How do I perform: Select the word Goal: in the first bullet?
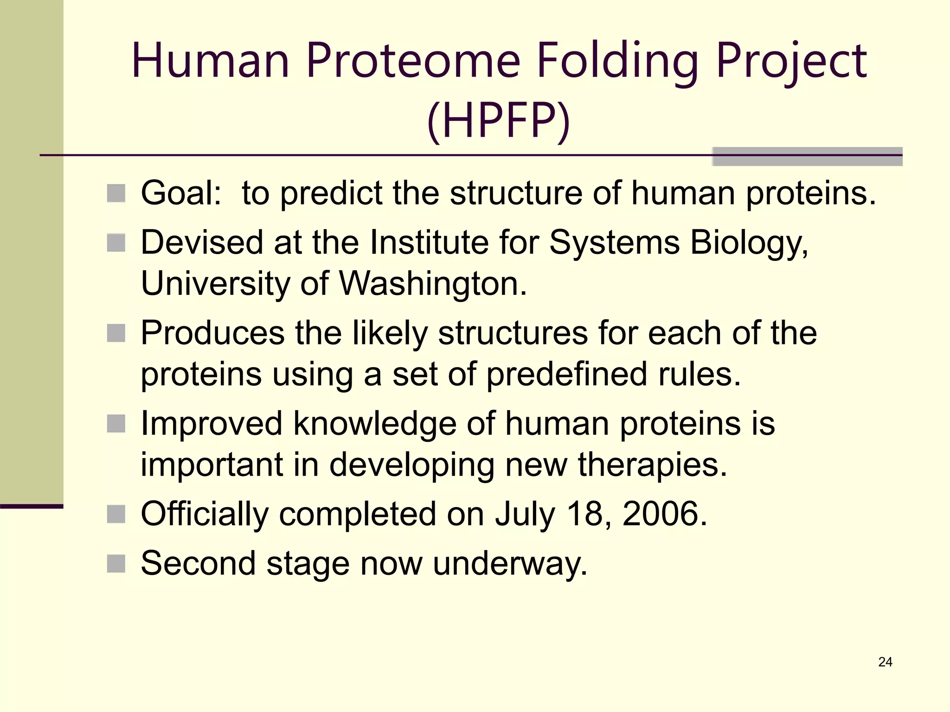pyautogui.click(x=181, y=193)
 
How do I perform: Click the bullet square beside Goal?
pyautogui.click(x=116, y=193)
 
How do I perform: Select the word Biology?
pyautogui.click(x=749, y=243)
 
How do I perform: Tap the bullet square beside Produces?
pyautogui.click(x=116, y=333)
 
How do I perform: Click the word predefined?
pyautogui.click(x=566, y=374)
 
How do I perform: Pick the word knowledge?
pyautogui.click(x=375, y=424)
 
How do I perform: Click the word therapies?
pyautogui.click(x=652, y=465)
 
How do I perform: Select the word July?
pyautogui.click(x=525, y=515)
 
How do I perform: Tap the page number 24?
pyautogui.click(x=885, y=662)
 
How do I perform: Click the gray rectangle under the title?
pyautogui.click(x=807, y=157)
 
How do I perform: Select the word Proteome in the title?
pyautogui.click(x=413, y=61)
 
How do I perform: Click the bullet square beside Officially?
pyautogui.click(x=116, y=514)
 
